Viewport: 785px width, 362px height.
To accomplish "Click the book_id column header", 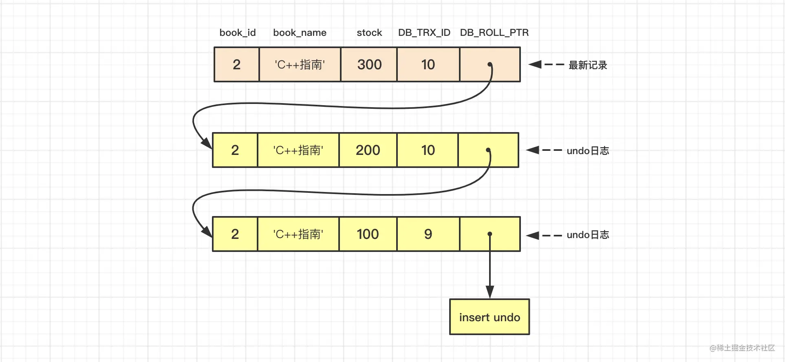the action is pos(238,33).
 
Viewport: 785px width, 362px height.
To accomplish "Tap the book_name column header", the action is pos(300,33).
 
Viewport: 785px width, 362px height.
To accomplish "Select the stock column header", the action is pos(369,33).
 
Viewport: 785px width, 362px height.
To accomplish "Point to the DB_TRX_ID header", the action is pos(424,33).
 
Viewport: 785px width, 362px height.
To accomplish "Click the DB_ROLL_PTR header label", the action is pos(494,33).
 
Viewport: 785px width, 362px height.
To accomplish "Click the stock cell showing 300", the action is pos(369,64).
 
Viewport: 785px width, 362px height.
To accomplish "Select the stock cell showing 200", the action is pos(368,150).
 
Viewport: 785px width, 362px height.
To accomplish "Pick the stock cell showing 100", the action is pos(368,234).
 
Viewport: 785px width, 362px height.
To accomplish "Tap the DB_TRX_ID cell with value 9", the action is pos(428,234).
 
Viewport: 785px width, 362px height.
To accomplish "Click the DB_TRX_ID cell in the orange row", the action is pos(428,64).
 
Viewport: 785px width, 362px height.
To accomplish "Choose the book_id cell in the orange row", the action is pos(237,64).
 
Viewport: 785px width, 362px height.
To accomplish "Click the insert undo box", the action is pos(490,317).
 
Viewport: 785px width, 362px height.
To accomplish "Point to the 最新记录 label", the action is pos(588,65).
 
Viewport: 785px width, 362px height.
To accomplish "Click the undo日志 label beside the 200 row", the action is pos(588,151).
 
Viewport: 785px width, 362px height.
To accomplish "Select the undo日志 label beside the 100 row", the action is pos(588,235).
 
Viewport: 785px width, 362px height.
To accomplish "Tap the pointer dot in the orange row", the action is pos(490,64).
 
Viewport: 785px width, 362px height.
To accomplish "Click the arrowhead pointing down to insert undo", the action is pos(490,292).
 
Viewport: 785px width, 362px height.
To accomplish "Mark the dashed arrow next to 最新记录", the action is pos(546,64).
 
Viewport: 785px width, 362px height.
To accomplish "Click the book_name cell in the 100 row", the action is pos(298,234).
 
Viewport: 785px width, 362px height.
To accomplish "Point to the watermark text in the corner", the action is pos(742,348).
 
